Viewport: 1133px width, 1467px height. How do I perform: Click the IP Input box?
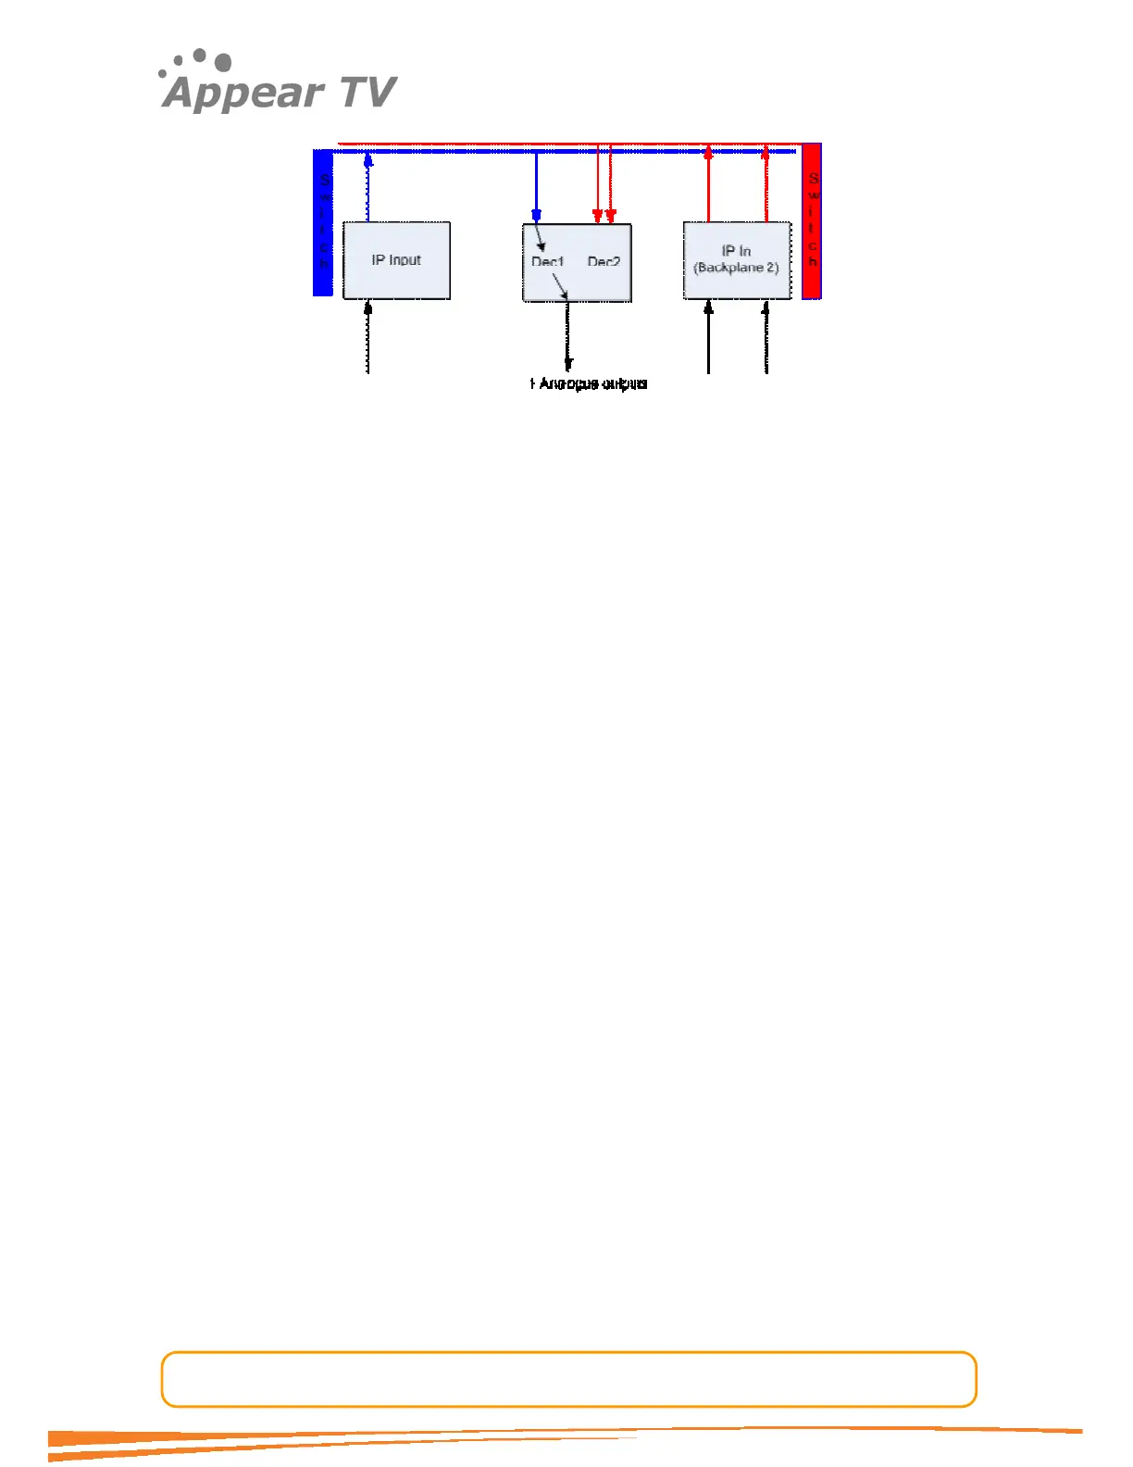[x=396, y=260]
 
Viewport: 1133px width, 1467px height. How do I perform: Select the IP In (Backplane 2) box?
[x=737, y=260]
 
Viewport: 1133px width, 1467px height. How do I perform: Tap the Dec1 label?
[x=547, y=262]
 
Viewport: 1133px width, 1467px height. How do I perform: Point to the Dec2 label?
[x=604, y=262]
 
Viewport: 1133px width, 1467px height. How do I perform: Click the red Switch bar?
[x=812, y=221]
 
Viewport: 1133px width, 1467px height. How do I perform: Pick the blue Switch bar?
[x=323, y=222]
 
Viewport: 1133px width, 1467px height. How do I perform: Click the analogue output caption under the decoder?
[x=589, y=383]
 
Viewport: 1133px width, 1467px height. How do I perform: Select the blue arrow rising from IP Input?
[x=368, y=185]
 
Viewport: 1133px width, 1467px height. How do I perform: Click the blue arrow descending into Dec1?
[x=536, y=185]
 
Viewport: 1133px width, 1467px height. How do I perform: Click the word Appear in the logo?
[x=243, y=93]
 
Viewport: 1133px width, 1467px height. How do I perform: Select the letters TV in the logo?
[x=368, y=93]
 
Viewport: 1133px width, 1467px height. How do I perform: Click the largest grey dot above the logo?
[x=222, y=63]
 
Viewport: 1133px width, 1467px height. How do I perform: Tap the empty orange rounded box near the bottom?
[x=568, y=1379]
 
